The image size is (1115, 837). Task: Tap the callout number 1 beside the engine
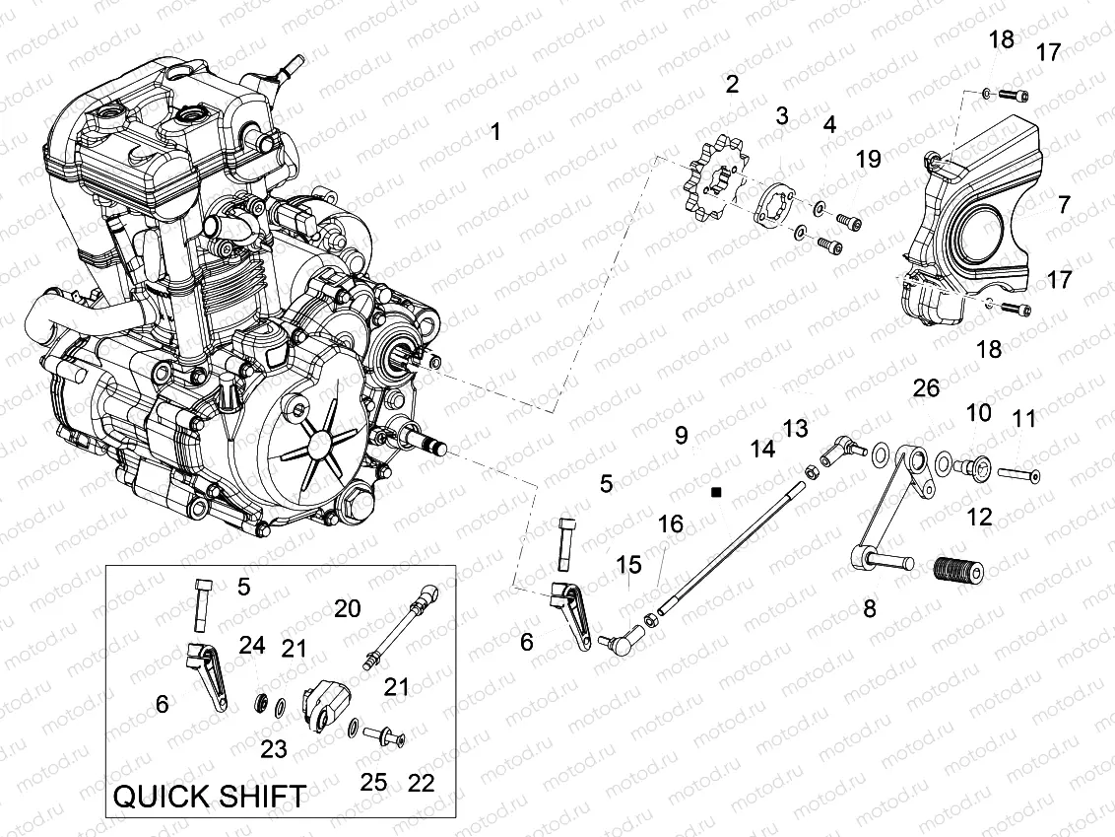(x=495, y=131)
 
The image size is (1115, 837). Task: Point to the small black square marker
(x=717, y=490)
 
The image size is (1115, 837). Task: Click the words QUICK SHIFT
(x=211, y=796)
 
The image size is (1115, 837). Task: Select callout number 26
(x=926, y=388)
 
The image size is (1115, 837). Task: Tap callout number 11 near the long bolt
(x=1024, y=419)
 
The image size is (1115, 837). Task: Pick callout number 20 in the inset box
(x=347, y=608)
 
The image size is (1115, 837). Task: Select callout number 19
(x=868, y=159)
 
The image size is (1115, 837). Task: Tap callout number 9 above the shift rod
(x=681, y=435)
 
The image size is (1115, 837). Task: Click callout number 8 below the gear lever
(x=869, y=609)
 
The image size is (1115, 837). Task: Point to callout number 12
(x=979, y=516)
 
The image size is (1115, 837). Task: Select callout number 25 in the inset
(x=373, y=783)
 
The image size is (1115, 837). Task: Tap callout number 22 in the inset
(x=421, y=783)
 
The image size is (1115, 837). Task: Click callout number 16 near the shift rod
(x=670, y=523)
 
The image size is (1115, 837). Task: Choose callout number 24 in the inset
(x=252, y=646)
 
